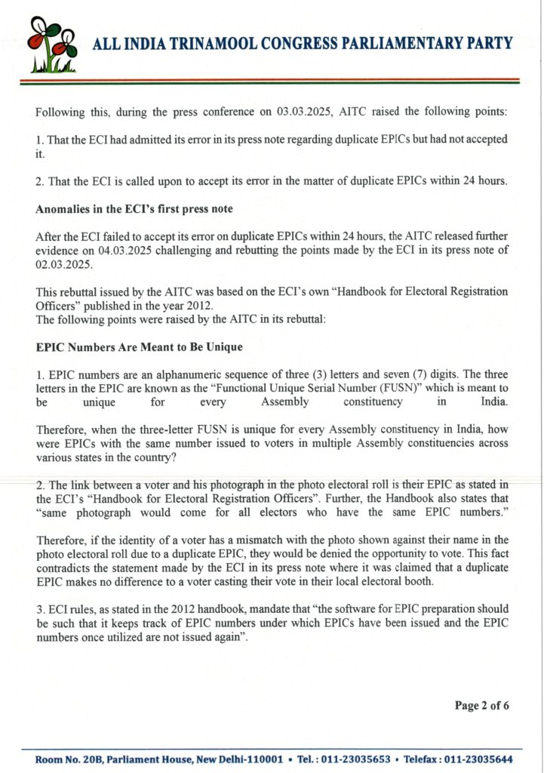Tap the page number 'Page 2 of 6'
tap(482, 705)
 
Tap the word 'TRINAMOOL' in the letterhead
tap(201, 43)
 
